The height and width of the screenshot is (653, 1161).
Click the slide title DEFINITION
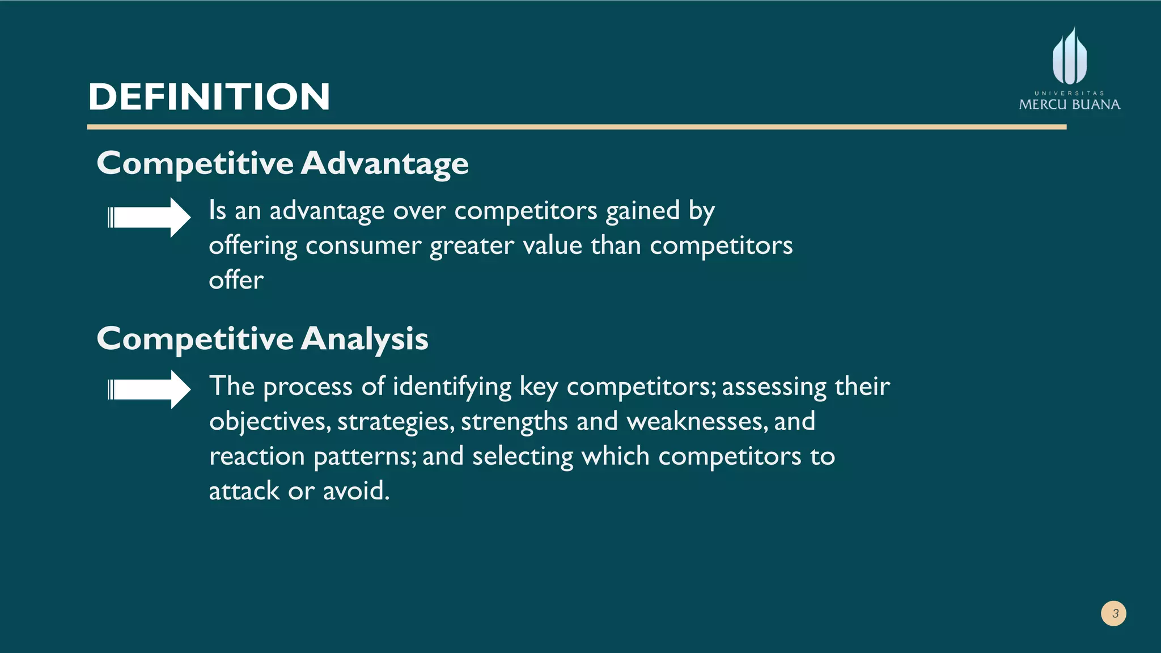tap(209, 96)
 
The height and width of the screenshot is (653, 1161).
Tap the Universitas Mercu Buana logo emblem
tap(1069, 57)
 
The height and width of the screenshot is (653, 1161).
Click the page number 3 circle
tap(1113, 613)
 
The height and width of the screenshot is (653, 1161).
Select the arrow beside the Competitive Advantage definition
tap(149, 217)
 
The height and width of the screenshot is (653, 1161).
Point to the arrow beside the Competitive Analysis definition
tap(149, 389)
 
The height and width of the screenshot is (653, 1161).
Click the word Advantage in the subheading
tap(384, 164)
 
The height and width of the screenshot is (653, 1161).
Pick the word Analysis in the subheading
tap(365, 339)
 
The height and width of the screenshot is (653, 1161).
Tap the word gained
tap(642, 211)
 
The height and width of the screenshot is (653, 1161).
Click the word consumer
tap(363, 246)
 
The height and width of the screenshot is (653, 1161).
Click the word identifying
tap(452, 387)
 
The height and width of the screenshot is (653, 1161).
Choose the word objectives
tap(269, 422)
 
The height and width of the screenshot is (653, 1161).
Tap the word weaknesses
tap(697, 422)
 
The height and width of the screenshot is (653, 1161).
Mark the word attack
tap(244, 491)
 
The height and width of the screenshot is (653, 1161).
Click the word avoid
tap(356, 491)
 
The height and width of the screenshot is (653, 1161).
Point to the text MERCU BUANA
tap(1069, 104)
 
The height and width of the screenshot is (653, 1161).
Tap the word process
tap(308, 387)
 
